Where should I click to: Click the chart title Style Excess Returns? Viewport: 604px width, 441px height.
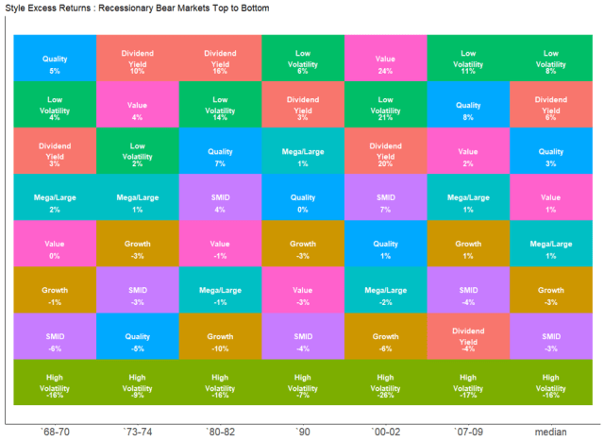pos(138,8)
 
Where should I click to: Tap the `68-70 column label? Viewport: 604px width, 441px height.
pos(55,431)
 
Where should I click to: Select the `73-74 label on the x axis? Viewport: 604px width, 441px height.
pos(138,431)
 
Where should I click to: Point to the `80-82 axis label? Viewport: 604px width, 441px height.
pos(221,431)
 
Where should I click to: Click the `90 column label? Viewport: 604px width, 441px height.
pos(303,431)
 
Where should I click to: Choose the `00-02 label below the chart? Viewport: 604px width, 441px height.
pos(386,431)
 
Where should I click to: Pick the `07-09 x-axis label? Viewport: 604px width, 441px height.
pos(468,431)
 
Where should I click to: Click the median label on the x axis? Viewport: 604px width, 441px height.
pos(550,431)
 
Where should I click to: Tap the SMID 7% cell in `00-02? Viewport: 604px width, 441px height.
pos(386,200)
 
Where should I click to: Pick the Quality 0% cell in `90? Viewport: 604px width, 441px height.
pos(303,200)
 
